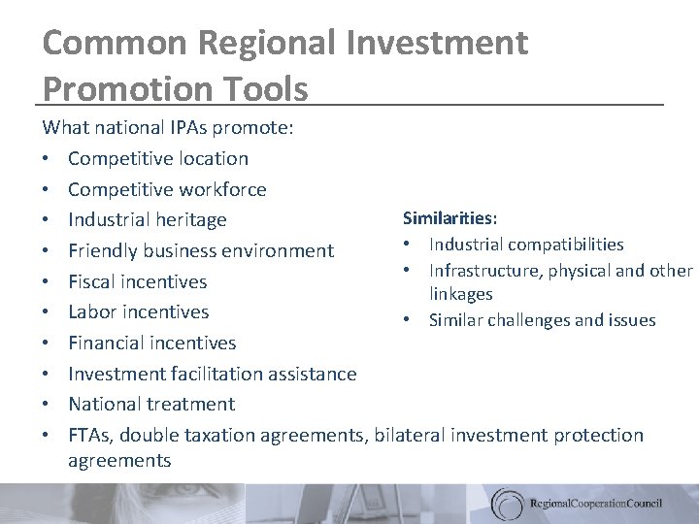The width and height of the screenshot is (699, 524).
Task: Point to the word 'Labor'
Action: tap(92, 311)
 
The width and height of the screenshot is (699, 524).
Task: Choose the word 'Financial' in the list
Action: tap(108, 343)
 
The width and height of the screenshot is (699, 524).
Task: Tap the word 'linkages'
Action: tap(462, 293)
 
